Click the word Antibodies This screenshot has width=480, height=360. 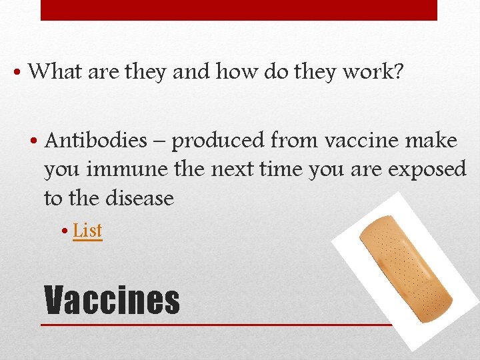(x=95, y=141)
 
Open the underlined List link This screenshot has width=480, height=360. (x=87, y=231)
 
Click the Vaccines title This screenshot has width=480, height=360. (x=112, y=300)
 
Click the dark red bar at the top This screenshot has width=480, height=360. (x=239, y=10)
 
